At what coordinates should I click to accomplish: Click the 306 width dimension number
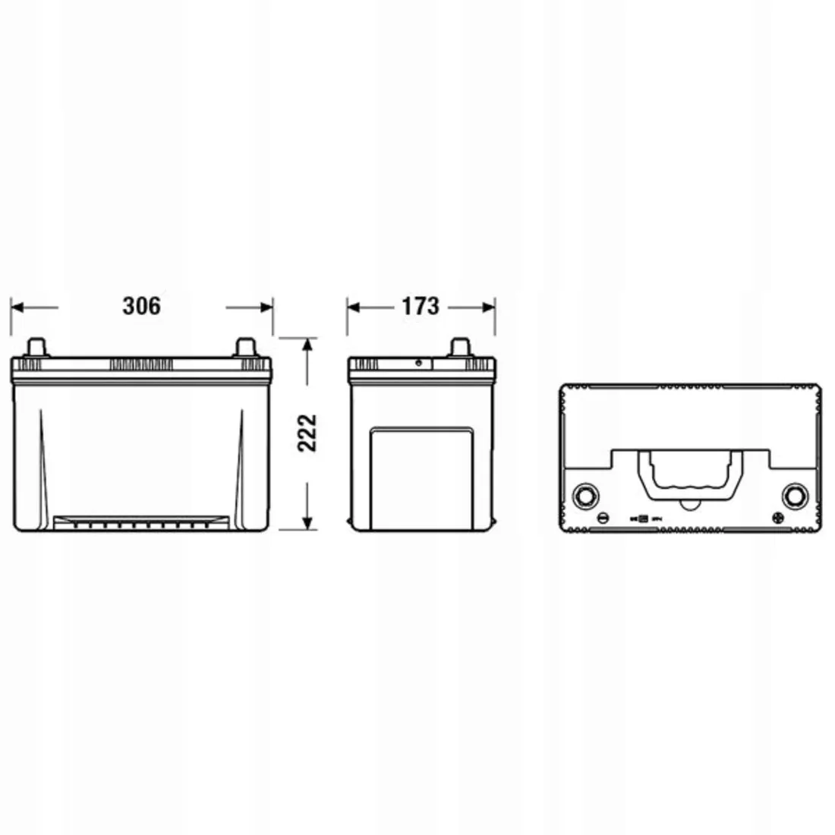click(x=141, y=306)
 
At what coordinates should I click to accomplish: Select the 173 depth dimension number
click(x=421, y=306)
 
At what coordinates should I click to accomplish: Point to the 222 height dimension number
click(x=307, y=433)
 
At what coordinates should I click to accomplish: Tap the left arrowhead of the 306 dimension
click(x=17, y=307)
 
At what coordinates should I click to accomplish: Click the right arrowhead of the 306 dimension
click(x=266, y=307)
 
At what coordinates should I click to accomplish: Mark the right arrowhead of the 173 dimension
click(x=488, y=307)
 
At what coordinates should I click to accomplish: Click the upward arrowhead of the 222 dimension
click(x=307, y=345)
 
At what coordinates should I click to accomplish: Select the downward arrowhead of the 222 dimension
click(x=307, y=523)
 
